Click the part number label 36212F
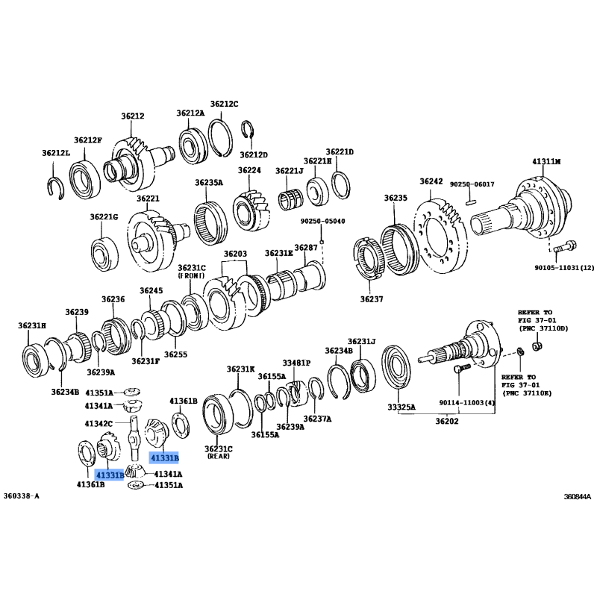coord(88,140)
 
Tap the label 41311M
coord(546,161)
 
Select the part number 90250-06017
coord(472,184)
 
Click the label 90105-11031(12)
coord(564,268)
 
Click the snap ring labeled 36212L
coord(56,188)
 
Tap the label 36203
coord(235,254)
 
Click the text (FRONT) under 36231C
coord(192,275)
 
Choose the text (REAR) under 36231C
coord(219,456)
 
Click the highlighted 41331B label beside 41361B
coord(109,475)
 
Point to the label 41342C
coord(99,423)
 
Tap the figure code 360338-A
coord(22,496)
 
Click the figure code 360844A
coord(578,496)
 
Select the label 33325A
coord(401,407)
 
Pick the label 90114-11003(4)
coord(467,402)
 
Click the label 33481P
coord(296,363)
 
